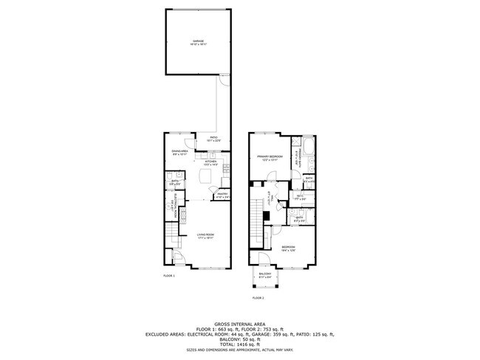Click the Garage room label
click(x=198, y=42)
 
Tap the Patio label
click(x=213, y=139)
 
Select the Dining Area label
click(x=179, y=153)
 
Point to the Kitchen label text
click(x=210, y=163)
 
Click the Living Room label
click(x=205, y=237)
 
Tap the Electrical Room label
click(x=171, y=209)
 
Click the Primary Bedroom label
click(x=270, y=158)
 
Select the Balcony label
click(x=265, y=275)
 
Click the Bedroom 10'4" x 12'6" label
click(x=287, y=249)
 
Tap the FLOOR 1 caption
click(x=169, y=276)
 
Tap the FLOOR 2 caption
click(x=258, y=298)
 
